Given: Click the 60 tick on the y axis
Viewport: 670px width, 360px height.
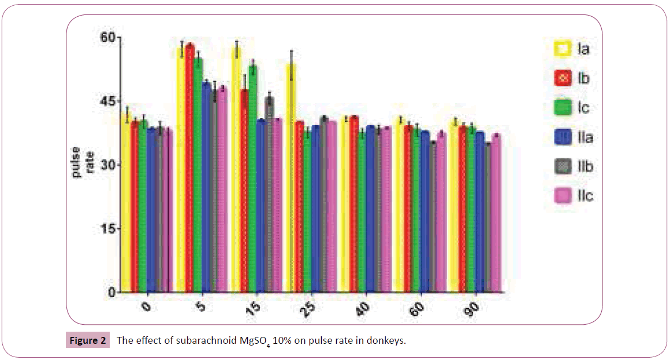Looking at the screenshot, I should pyautogui.click(x=107, y=38).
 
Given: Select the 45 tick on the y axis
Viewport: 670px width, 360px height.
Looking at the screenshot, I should pyautogui.click(x=107, y=102).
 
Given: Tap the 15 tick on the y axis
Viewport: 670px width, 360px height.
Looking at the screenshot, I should pyautogui.click(x=107, y=229).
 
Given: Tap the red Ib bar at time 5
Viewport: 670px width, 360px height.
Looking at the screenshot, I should pyautogui.click(x=190, y=168).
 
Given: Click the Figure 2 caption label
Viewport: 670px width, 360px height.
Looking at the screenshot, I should pyautogui.click(x=85, y=340).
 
